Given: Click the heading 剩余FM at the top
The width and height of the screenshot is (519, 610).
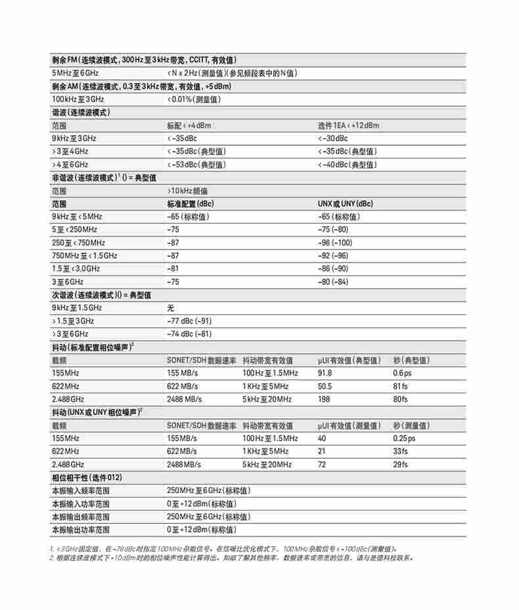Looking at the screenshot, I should click(64, 60).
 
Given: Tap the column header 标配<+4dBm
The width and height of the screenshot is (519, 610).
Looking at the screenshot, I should click(191, 125).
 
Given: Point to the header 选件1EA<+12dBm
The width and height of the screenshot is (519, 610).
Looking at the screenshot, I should click(348, 125).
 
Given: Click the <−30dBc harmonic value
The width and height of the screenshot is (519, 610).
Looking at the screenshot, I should click(334, 139).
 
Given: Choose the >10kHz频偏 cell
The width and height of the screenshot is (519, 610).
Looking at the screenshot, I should click(188, 190).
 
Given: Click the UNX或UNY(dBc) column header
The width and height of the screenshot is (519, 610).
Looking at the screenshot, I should click(346, 204).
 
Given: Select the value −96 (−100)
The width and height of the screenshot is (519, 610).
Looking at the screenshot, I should click(334, 242).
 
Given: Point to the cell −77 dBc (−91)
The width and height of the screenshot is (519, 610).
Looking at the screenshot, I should click(190, 320).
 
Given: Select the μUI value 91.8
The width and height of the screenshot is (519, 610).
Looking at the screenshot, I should click(325, 373).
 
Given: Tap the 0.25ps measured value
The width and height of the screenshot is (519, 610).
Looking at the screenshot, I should click(404, 438).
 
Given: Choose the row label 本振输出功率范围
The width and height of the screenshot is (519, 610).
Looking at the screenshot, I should click(81, 529).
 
